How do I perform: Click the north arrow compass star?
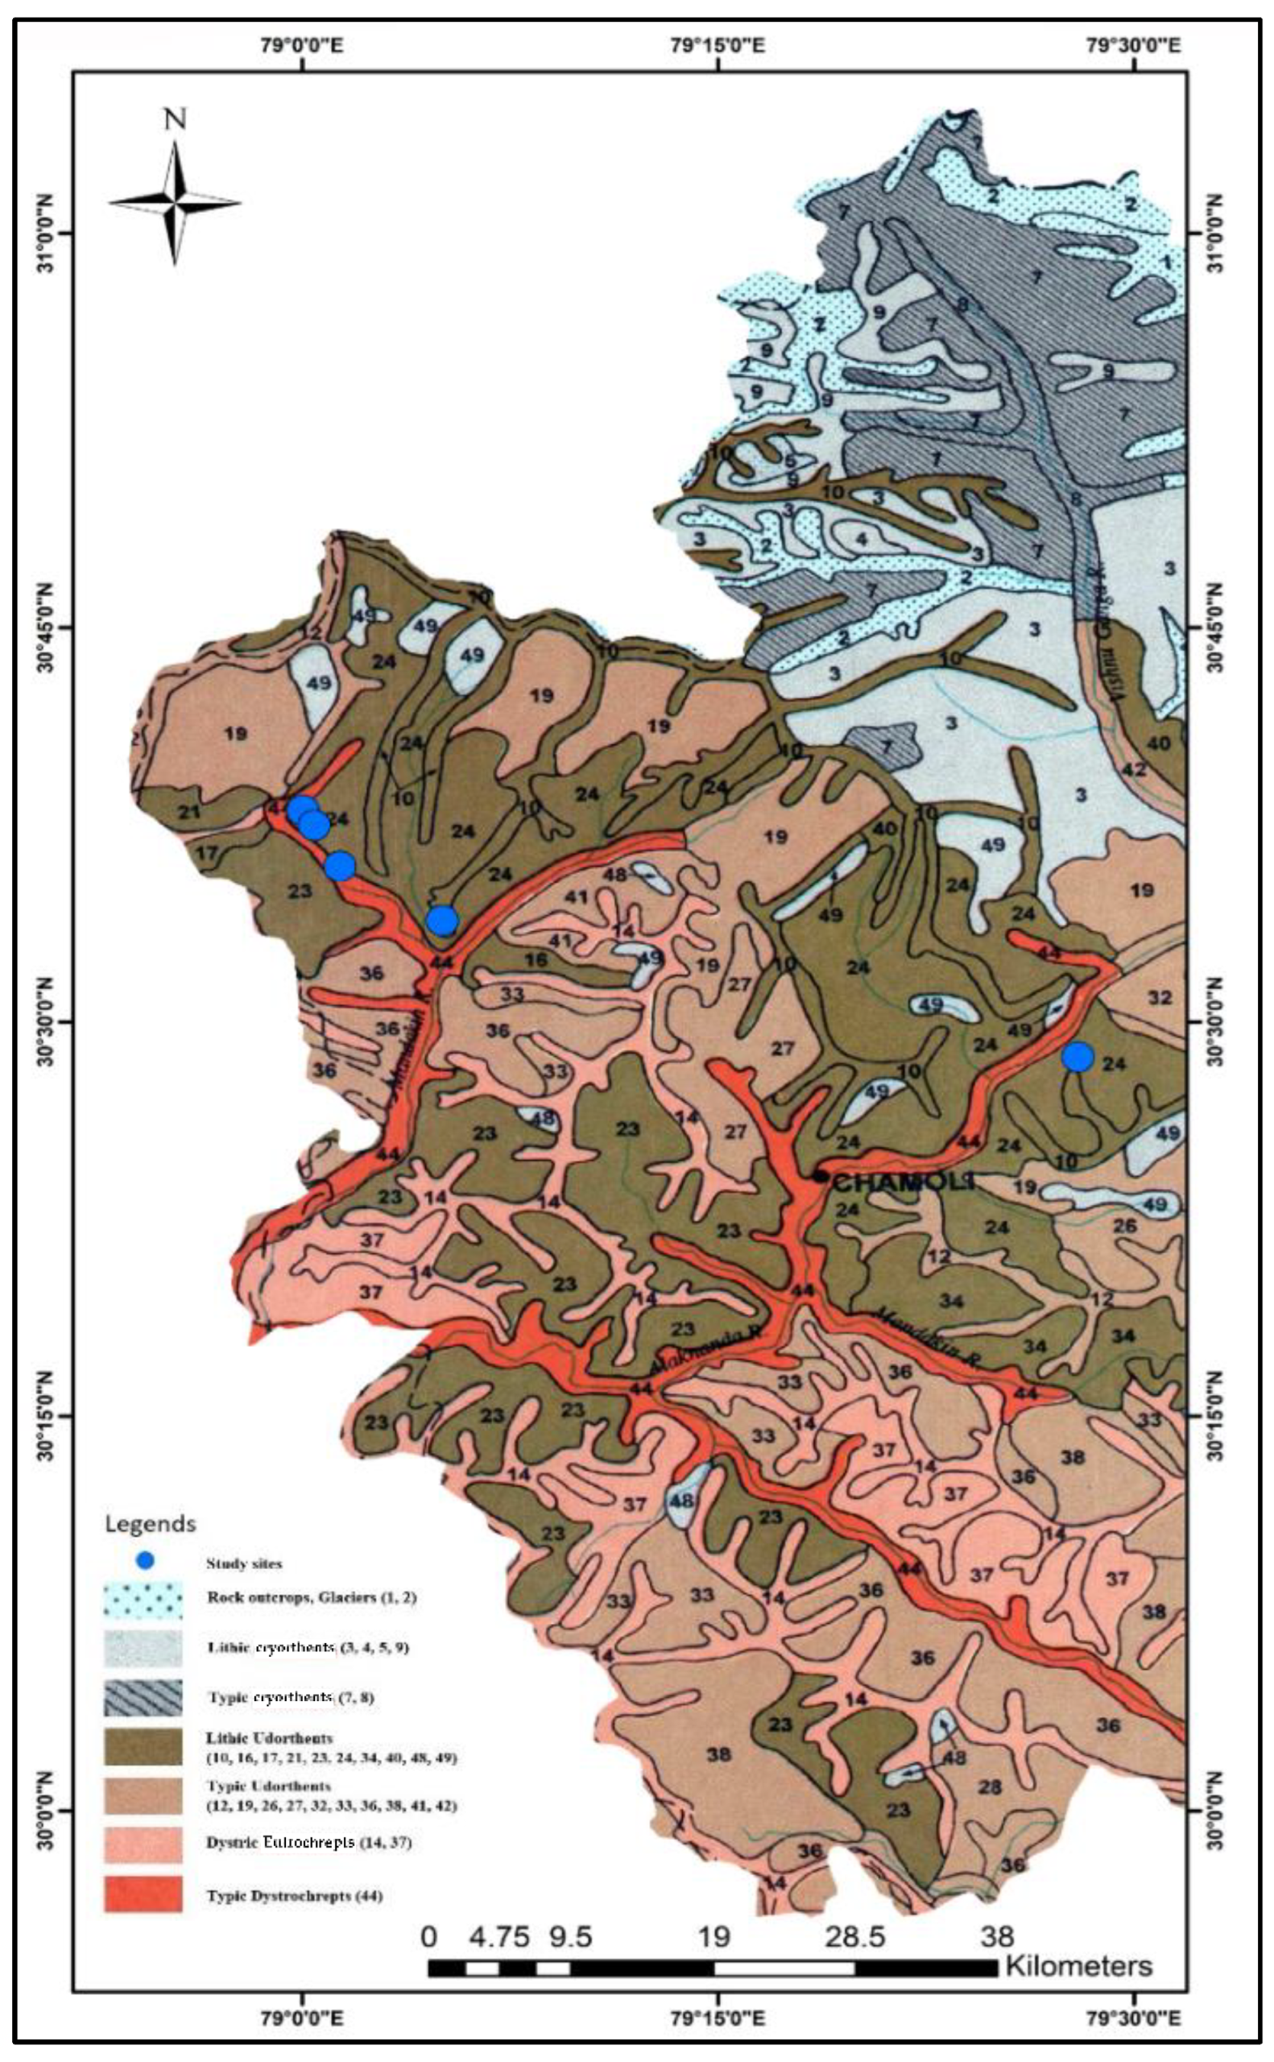(176, 202)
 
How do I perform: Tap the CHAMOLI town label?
(902, 1182)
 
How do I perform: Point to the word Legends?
(150, 1522)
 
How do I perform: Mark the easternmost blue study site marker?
(1077, 1056)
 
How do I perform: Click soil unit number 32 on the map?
(1160, 998)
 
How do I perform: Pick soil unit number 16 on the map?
(536, 959)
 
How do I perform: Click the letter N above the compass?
(176, 120)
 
